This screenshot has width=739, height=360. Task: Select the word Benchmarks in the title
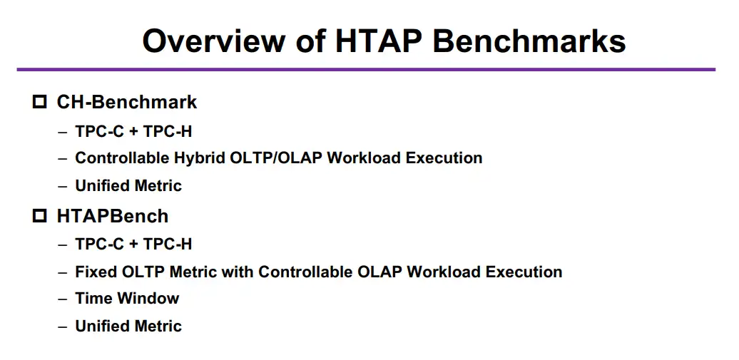(529, 41)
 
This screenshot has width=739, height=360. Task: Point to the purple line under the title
(366, 70)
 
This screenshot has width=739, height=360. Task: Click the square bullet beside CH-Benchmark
(40, 102)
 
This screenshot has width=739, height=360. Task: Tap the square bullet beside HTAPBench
(40, 216)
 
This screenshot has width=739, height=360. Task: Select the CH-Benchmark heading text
(127, 102)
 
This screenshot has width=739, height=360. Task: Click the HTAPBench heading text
(113, 216)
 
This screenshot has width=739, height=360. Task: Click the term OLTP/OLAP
(276, 158)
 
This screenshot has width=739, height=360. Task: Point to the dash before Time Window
(63, 299)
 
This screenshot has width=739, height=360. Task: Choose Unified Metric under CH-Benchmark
(128, 185)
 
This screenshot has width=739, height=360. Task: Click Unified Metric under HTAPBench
(128, 326)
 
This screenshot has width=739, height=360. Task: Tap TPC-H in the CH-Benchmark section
(168, 131)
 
